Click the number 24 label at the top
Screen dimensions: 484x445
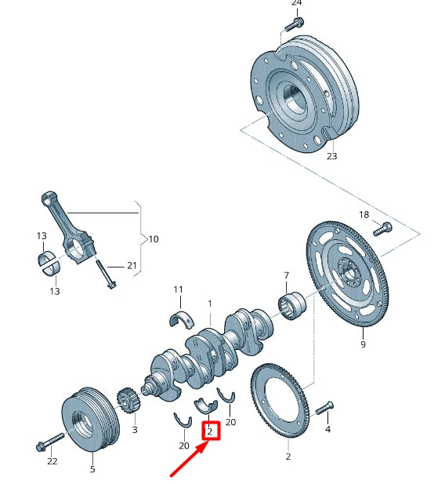[x=296, y=3]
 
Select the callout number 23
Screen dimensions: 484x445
[x=331, y=156]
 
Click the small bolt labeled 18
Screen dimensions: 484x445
[x=383, y=229]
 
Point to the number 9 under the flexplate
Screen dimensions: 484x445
[x=363, y=344]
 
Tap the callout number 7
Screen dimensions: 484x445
[x=287, y=276]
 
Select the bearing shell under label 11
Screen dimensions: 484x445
[x=180, y=318]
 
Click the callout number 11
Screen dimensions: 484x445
[x=178, y=290]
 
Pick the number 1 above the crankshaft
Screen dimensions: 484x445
[x=209, y=303]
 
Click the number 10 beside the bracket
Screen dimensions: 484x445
[x=153, y=238]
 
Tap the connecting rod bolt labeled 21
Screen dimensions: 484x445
[x=106, y=275]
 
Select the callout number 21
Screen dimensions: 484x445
[x=132, y=266]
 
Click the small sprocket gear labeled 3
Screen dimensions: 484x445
[x=126, y=404]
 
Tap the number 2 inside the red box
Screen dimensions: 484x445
[x=209, y=431]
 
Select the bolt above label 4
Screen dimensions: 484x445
[x=324, y=409]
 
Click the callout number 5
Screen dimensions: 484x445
[x=92, y=469]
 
